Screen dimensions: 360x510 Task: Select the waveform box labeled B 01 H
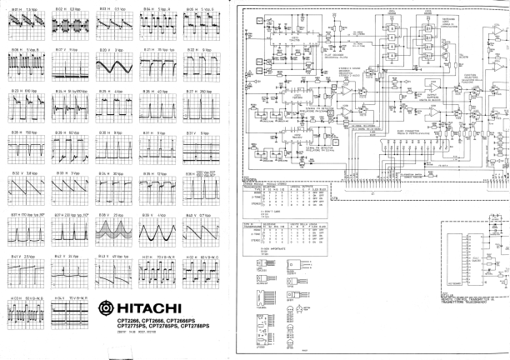click(x=21, y=25)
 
